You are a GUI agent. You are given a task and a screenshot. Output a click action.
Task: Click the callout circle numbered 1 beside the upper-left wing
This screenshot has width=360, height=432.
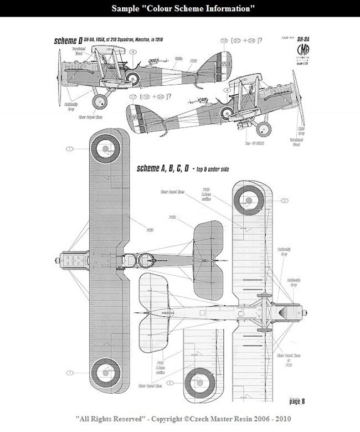(x=70, y=148)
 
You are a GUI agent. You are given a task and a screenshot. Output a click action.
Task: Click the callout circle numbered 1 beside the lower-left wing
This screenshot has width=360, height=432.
(x=70, y=372)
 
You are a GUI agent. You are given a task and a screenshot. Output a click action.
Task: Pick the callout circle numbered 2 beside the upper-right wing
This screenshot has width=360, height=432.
(x=284, y=200)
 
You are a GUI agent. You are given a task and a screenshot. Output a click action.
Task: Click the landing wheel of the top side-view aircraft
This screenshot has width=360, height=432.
(x=100, y=101)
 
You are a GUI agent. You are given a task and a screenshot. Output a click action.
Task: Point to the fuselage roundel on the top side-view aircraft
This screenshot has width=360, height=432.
(x=133, y=78)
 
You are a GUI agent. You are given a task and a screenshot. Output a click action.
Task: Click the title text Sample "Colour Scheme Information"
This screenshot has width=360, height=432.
(x=179, y=9)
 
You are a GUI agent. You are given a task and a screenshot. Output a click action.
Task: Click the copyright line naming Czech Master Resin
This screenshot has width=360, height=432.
(x=179, y=419)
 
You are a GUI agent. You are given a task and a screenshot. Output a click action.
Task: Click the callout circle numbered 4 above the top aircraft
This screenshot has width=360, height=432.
(x=133, y=53)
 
